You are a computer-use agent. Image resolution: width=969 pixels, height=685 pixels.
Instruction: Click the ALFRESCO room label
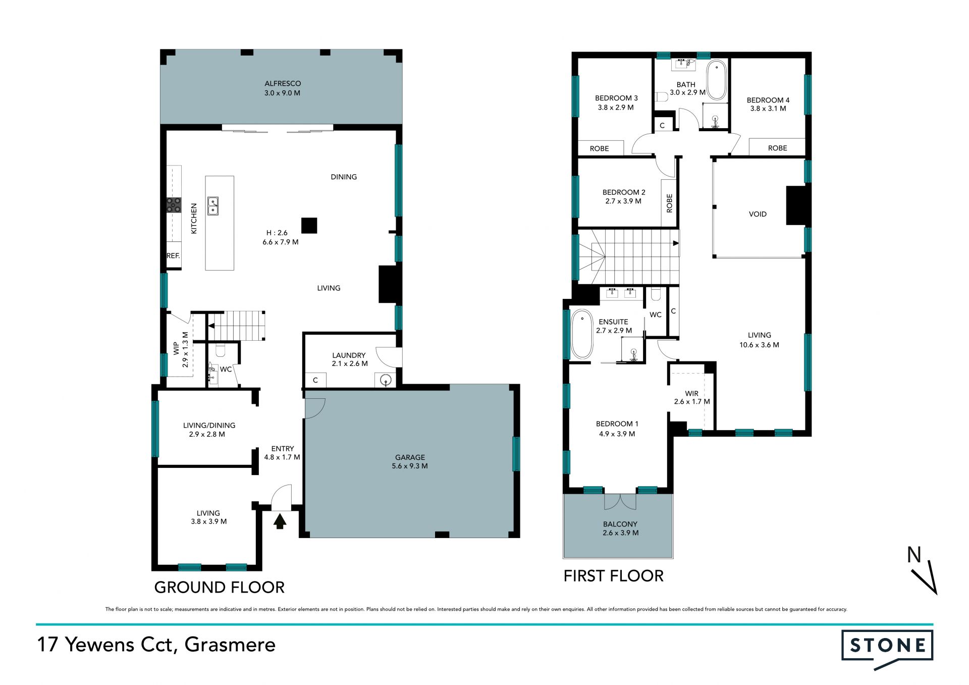(x=283, y=84)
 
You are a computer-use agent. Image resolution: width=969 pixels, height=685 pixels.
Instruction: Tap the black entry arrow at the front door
(x=280, y=520)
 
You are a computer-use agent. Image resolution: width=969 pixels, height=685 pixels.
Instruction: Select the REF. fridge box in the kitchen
(x=174, y=256)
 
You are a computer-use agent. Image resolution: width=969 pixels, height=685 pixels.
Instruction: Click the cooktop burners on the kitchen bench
(x=174, y=205)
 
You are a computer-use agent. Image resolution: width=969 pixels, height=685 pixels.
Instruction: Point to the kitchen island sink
(x=213, y=206)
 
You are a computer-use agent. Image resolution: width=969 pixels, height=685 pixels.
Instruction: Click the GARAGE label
(x=410, y=457)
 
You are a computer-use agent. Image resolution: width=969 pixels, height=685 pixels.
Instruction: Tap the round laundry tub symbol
(x=386, y=380)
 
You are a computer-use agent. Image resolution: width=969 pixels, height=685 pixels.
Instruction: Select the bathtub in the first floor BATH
(x=717, y=80)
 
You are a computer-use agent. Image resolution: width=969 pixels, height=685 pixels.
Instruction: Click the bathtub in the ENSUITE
(x=582, y=334)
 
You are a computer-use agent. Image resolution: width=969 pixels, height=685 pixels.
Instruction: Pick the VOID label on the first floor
(x=758, y=214)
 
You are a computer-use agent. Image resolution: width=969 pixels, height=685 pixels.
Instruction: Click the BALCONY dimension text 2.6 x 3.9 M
(x=621, y=533)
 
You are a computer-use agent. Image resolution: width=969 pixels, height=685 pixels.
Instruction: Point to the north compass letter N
(x=914, y=555)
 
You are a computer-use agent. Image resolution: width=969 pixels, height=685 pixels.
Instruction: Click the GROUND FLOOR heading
(x=220, y=588)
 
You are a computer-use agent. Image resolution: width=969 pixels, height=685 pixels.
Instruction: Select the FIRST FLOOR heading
(x=614, y=576)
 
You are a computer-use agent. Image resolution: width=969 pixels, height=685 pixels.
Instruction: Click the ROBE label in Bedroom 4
(x=777, y=148)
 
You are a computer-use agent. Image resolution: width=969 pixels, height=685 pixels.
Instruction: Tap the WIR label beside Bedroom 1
(x=692, y=393)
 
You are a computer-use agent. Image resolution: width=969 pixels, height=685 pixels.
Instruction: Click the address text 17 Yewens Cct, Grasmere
(x=156, y=645)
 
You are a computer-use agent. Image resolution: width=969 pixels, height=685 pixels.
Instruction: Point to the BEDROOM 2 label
(x=624, y=192)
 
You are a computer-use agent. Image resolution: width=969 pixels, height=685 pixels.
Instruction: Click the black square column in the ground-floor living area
(x=309, y=225)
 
